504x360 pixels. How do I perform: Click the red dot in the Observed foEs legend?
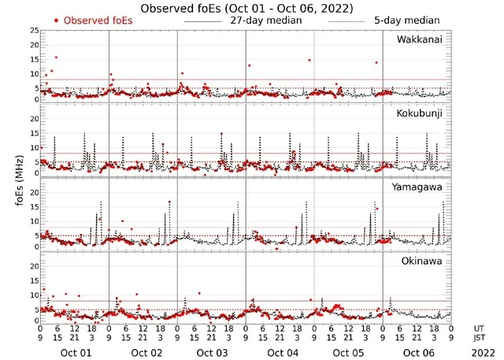click(x=56, y=20)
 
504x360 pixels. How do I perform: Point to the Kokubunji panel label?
click(x=421, y=113)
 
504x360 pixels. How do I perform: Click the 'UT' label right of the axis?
click(x=480, y=327)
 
